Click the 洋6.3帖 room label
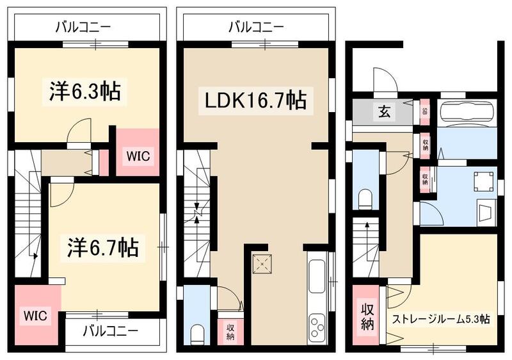tap(84, 91)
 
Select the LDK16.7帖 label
tap(255, 100)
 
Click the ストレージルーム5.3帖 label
tap(441, 319)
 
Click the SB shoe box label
tap(424, 111)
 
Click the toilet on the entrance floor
tap(366, 199)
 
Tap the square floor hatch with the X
tap(261, 263)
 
